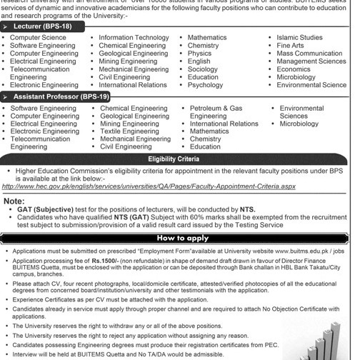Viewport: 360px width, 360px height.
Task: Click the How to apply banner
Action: (183, 239)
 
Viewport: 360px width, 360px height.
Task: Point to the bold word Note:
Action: (14, 201)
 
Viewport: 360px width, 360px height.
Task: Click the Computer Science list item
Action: (38, 38)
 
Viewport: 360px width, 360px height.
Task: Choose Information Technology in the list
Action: (134, 38)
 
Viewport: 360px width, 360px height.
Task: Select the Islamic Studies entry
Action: (299, 38)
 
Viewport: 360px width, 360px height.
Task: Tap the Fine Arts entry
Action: (290, 46)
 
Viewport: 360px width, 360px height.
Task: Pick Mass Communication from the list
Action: (309, 54)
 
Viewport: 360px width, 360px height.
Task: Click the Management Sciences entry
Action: (311, 61)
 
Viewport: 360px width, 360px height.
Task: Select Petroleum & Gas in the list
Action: (216, 109)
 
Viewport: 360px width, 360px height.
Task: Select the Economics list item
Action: (294, 69)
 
